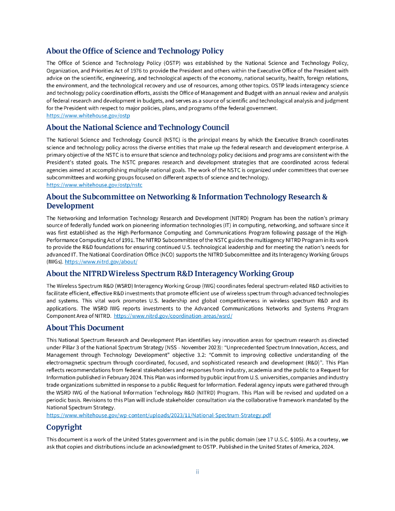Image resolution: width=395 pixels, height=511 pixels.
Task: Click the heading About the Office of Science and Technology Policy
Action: (135, 51)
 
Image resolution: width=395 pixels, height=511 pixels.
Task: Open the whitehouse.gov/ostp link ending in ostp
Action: (88, 115)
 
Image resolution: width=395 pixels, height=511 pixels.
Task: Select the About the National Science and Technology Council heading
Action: (138, 127)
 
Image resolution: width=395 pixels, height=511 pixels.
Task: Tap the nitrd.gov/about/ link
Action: (101, 261)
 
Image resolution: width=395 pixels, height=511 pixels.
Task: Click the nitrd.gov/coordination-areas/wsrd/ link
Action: (173, 316)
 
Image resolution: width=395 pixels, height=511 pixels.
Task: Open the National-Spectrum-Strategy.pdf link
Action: (158, 415)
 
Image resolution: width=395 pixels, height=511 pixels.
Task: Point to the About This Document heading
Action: (85, 328)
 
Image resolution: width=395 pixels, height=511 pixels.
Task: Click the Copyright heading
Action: (64, 427)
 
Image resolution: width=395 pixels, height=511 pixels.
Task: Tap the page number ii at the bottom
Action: (197, 472)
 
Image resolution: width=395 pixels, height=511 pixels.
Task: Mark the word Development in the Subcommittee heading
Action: (70, 206)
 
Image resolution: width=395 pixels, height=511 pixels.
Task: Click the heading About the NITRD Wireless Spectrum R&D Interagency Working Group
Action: (170, 273)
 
